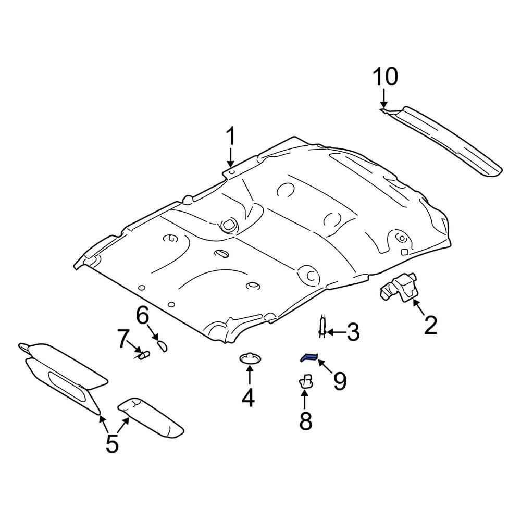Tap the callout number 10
pyautogui.click(x=386, y=77)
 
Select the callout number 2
pyautogui.click(x=430, y=325)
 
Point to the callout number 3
pyautogui.click(x=353, y=332)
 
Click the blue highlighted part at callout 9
pyautogui.click(x=308, y=357)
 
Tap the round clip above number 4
pyautogui.click(x=250, y=358)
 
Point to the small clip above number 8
pyautogui.click(x=306, y=381)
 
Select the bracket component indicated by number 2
pyautogui.click(x=399, y=287)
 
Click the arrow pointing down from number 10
pyautogui.click(x=384, y=98)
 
